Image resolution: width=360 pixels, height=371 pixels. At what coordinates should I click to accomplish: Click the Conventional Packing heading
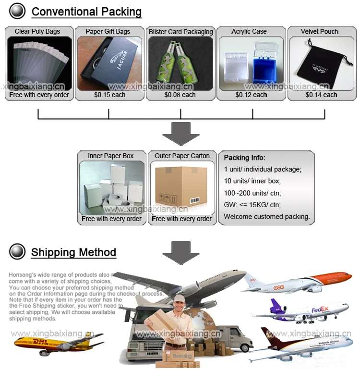point(86,12)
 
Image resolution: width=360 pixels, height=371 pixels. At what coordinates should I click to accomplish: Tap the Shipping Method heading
point(73,252)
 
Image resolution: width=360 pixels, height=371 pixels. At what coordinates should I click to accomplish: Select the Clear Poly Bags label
point(37,32)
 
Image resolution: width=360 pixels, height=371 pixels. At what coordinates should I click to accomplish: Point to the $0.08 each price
point(180,95)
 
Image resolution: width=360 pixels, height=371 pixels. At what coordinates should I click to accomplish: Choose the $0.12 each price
point(251,95)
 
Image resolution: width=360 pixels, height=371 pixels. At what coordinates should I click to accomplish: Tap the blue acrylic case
point(261,67)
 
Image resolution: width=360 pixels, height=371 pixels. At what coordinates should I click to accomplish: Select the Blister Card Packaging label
point(180,32)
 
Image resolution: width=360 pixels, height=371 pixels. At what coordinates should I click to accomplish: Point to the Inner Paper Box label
point(110,156)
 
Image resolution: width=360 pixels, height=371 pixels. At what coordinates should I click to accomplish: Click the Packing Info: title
point(244,158)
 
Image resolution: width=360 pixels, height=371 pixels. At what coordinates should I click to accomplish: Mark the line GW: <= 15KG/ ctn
point(252,205)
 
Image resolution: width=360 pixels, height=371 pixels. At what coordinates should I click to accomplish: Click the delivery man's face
point(179,303)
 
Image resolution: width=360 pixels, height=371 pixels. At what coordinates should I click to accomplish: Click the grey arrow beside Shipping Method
point(181,252)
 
